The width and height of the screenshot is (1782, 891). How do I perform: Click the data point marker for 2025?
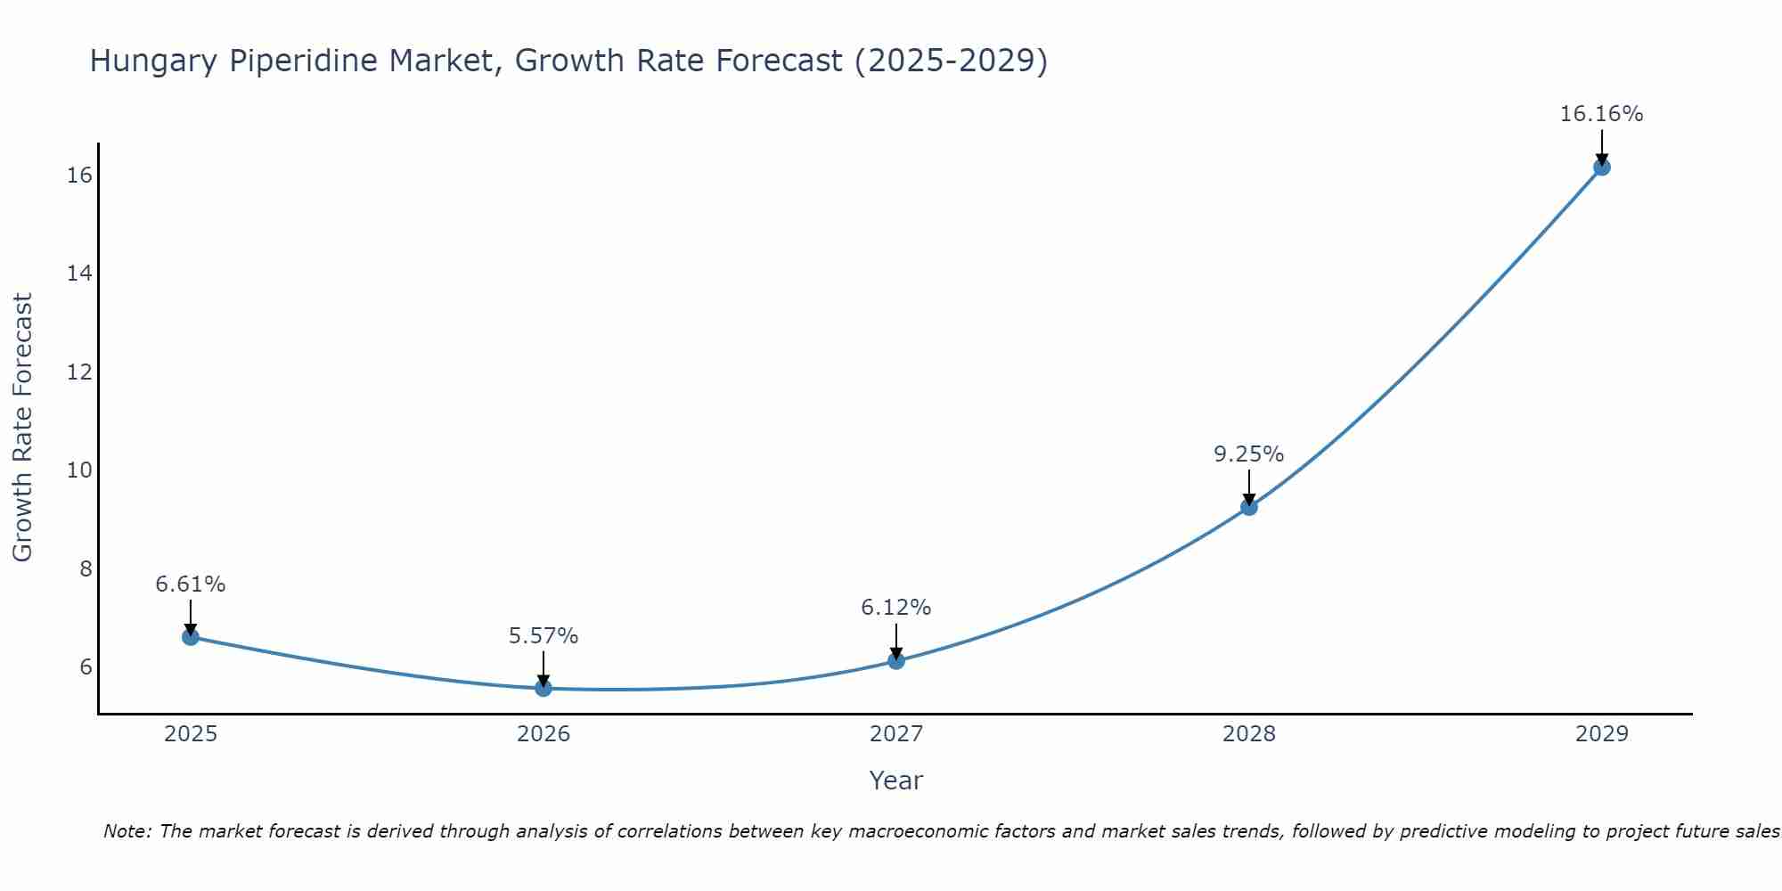(x=191, y=637)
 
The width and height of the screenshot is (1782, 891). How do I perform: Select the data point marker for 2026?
(x=544, y=688)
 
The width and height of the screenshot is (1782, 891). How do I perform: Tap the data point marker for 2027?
(x=896, y=661)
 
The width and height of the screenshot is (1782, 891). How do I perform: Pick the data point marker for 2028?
(x=1249, y=507)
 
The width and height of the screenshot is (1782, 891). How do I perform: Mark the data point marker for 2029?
(x=1601, y=167)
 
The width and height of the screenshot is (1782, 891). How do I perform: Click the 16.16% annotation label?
(x=1601, y=114)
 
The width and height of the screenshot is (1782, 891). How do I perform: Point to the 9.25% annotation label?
(x=1248, y=454)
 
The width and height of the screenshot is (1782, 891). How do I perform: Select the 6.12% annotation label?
(x=895, y=608)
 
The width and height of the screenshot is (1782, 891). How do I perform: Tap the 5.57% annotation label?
(x=544, y=636)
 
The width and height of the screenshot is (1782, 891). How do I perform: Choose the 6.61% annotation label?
(x=191, y=584)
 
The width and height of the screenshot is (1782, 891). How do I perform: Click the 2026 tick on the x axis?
(x=544, y=734)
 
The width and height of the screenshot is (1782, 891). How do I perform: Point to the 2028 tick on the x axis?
(x=1249, y=734)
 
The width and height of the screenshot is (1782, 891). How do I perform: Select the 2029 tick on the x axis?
(x=1601, y=734)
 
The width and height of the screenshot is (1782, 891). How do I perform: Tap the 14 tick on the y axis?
(x=79, y=274)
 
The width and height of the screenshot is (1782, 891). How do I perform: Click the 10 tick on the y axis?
(x=79, y=470)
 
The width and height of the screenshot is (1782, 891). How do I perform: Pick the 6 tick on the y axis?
(x=86, y=667)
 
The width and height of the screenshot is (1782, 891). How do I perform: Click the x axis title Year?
(x=895, y=781)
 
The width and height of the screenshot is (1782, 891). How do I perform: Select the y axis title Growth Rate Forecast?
(x=23, y=428)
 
